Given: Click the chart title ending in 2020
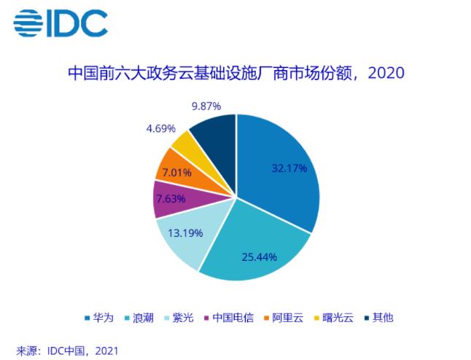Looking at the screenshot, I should [x=235, y=73].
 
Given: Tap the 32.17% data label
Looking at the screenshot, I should [x=289, y=168].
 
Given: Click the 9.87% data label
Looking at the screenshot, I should [x=207, y=106].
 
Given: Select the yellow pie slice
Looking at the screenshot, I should [x=184, y=146].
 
